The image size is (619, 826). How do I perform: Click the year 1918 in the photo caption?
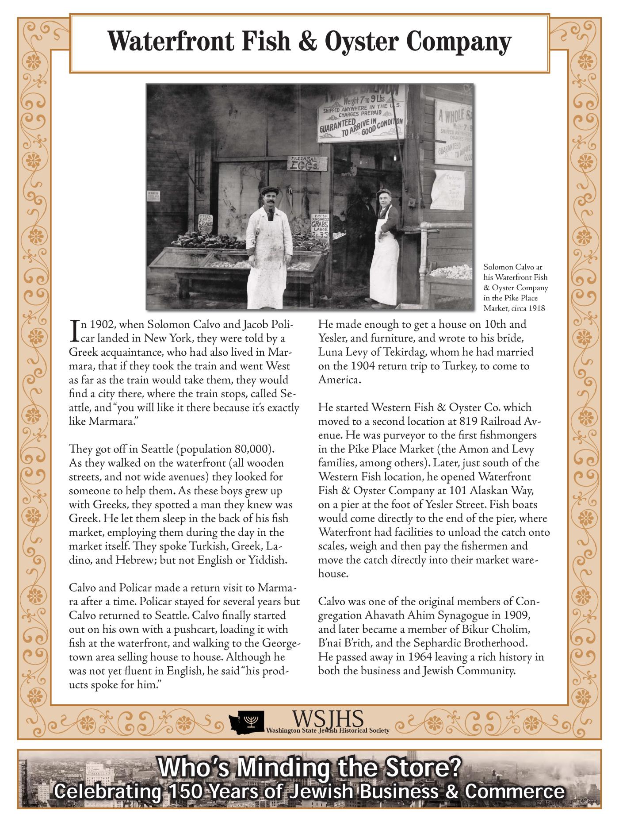[x=535, y=308]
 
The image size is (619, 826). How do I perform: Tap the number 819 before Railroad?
[x=473, y=421]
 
